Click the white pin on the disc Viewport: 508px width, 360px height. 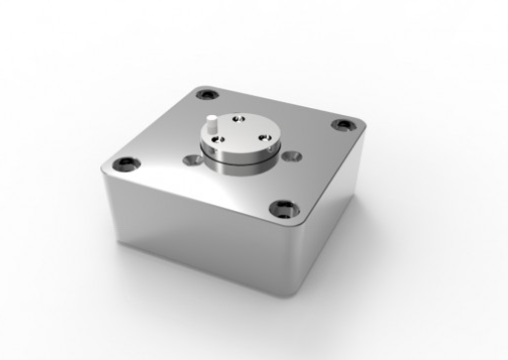(x=213, y=126)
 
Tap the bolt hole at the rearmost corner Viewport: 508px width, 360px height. (x=207, y=95)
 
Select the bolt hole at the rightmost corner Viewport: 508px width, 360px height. (x=342, y=125)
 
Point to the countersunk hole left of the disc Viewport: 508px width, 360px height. (x=190, y=159)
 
